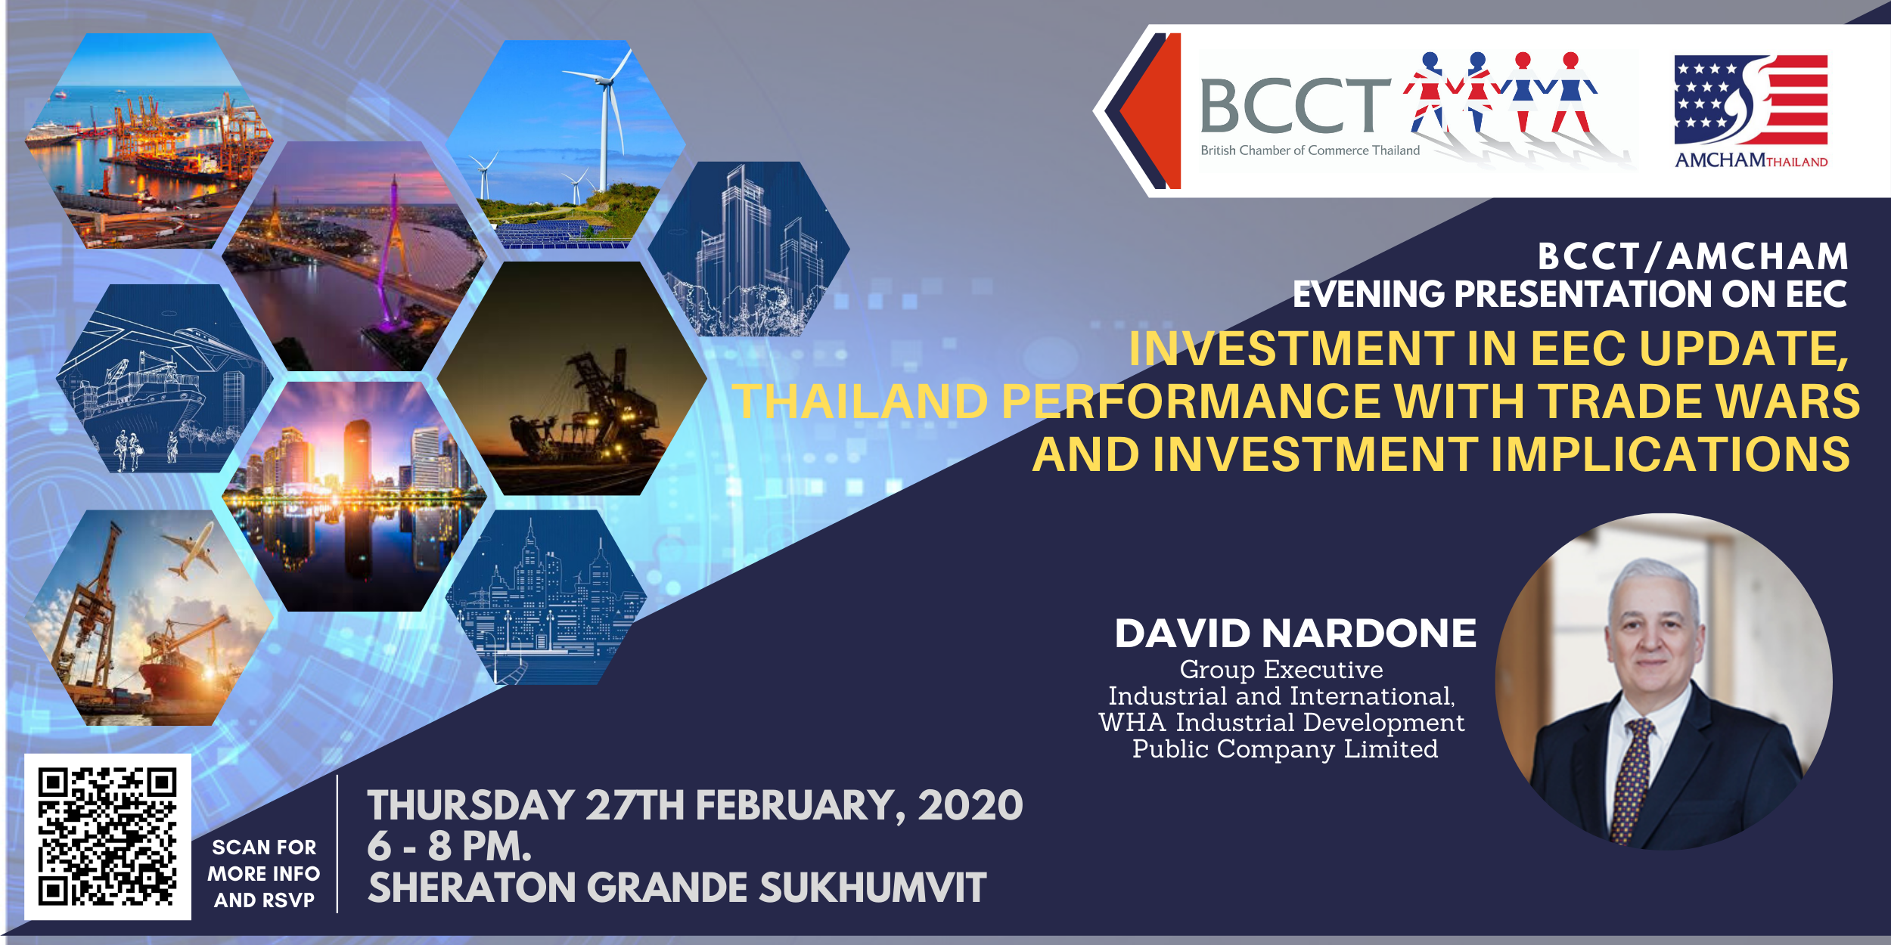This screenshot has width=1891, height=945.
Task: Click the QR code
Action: point(107,837)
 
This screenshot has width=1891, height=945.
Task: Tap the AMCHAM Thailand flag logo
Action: point(1750,100)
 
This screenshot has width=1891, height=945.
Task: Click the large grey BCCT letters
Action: point(1295,106)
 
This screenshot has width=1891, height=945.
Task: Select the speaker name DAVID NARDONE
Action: point(1295,634)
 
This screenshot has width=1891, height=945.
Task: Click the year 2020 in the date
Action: point(970,805)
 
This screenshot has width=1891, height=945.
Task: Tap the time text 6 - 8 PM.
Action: point(449,846)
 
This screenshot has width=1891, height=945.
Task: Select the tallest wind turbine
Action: point(603,121)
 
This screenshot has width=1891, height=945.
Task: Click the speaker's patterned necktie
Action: point(1633,779)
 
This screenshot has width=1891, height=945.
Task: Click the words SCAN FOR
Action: point(264,847)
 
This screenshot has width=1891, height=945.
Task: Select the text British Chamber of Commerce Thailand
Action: point(1310,150)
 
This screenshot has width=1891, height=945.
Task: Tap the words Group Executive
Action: point(1281,670)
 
